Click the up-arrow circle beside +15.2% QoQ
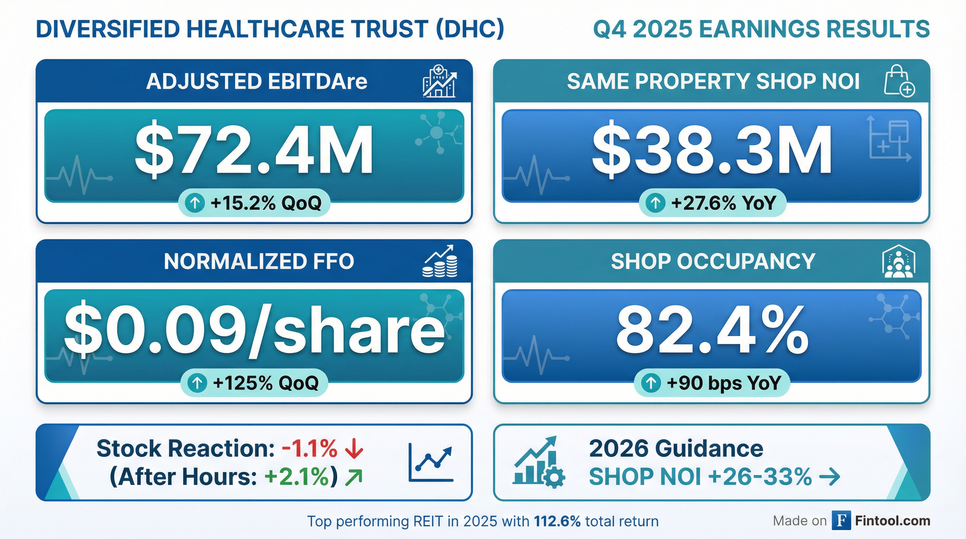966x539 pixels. pos(194,203)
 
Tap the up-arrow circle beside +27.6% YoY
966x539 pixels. pos(655,203)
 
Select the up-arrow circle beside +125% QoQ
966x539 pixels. pos(197,383)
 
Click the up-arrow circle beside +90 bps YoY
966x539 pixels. pos(651,383)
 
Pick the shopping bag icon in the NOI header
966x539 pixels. pos(899,81)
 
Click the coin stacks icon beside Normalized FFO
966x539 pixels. pos(440,261)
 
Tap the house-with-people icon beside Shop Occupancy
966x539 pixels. pos(899,261)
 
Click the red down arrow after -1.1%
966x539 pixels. pos(353,449)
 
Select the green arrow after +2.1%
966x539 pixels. pos(353,477)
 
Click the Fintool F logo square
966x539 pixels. pos(841,521)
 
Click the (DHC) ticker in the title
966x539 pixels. pos(470,29)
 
